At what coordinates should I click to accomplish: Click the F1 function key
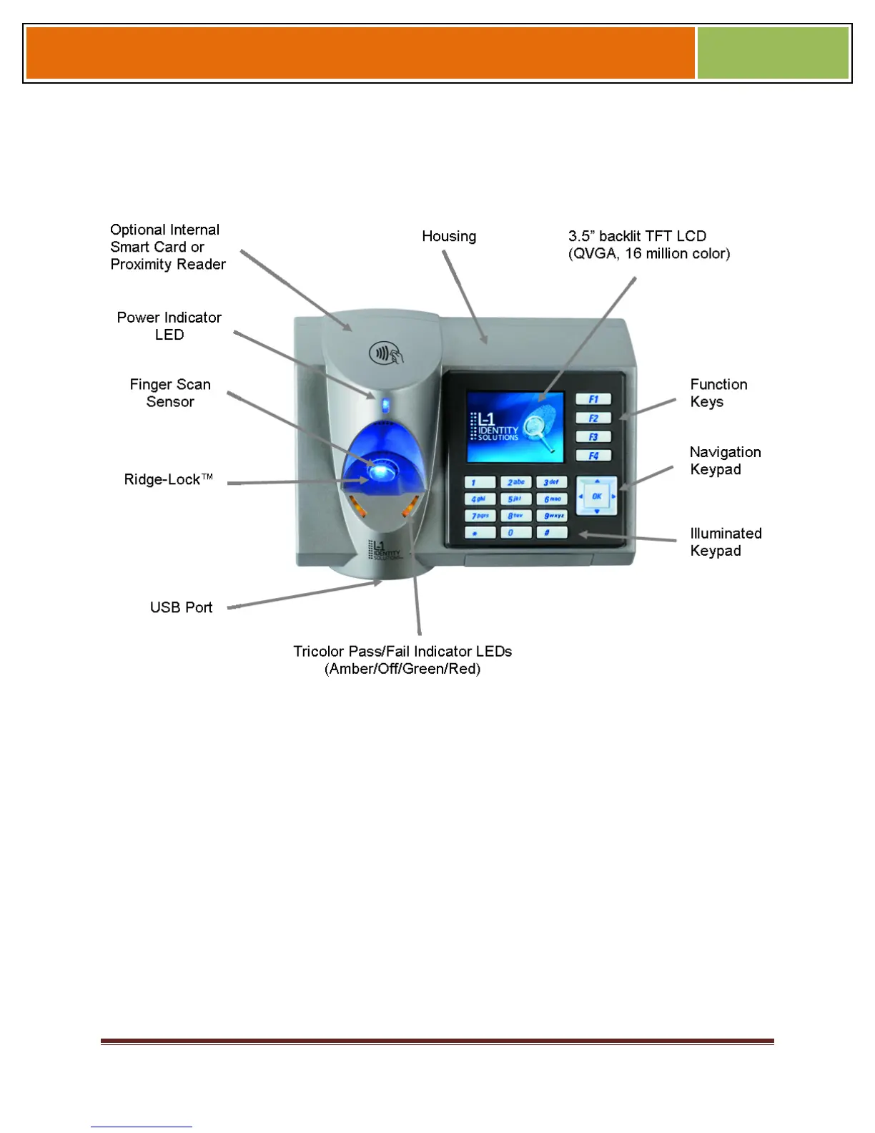point(593,399)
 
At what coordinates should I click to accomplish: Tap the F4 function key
point(593,456)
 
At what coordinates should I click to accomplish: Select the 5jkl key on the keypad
point(515,499)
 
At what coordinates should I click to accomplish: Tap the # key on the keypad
point(551,532)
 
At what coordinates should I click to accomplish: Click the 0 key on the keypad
point(515,532)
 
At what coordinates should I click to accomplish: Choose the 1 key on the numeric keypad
point(480,483)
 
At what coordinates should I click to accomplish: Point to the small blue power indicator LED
point(385,406)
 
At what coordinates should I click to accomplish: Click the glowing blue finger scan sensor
point(382,471)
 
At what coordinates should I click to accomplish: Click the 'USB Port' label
point(181,607)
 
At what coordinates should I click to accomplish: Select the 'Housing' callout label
point(448,236)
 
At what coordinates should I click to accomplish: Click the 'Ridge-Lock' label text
point(168,479)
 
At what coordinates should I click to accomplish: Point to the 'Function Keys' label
point(718,393)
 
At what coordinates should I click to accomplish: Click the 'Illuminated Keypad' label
point(725,541)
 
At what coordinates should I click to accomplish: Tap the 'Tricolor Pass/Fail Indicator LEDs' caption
point(402,659)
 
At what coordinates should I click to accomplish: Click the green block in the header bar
point(772,53)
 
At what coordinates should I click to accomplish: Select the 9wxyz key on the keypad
point(552,516)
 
